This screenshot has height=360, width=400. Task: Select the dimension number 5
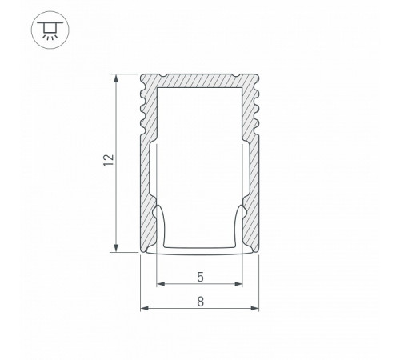[199, 277]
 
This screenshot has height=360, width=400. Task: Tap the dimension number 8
[199, 301]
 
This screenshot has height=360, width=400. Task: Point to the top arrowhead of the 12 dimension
[118, 78]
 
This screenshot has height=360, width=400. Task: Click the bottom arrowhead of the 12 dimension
[118, 248]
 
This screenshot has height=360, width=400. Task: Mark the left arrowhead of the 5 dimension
[158, 284]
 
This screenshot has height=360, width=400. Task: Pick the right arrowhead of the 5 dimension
[241, 284]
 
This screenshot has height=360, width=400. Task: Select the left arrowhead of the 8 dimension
[144, 308]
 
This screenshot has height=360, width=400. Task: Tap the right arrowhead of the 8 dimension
[256, 308]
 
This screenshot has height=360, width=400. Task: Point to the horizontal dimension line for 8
[176, 308]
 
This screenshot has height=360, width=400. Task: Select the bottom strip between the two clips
[199, 249]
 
